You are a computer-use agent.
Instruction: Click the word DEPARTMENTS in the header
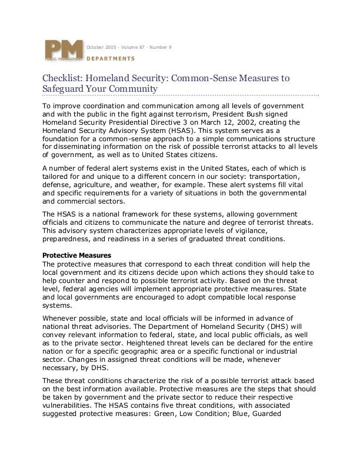point(111,59)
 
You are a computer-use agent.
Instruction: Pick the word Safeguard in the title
point(65,89)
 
